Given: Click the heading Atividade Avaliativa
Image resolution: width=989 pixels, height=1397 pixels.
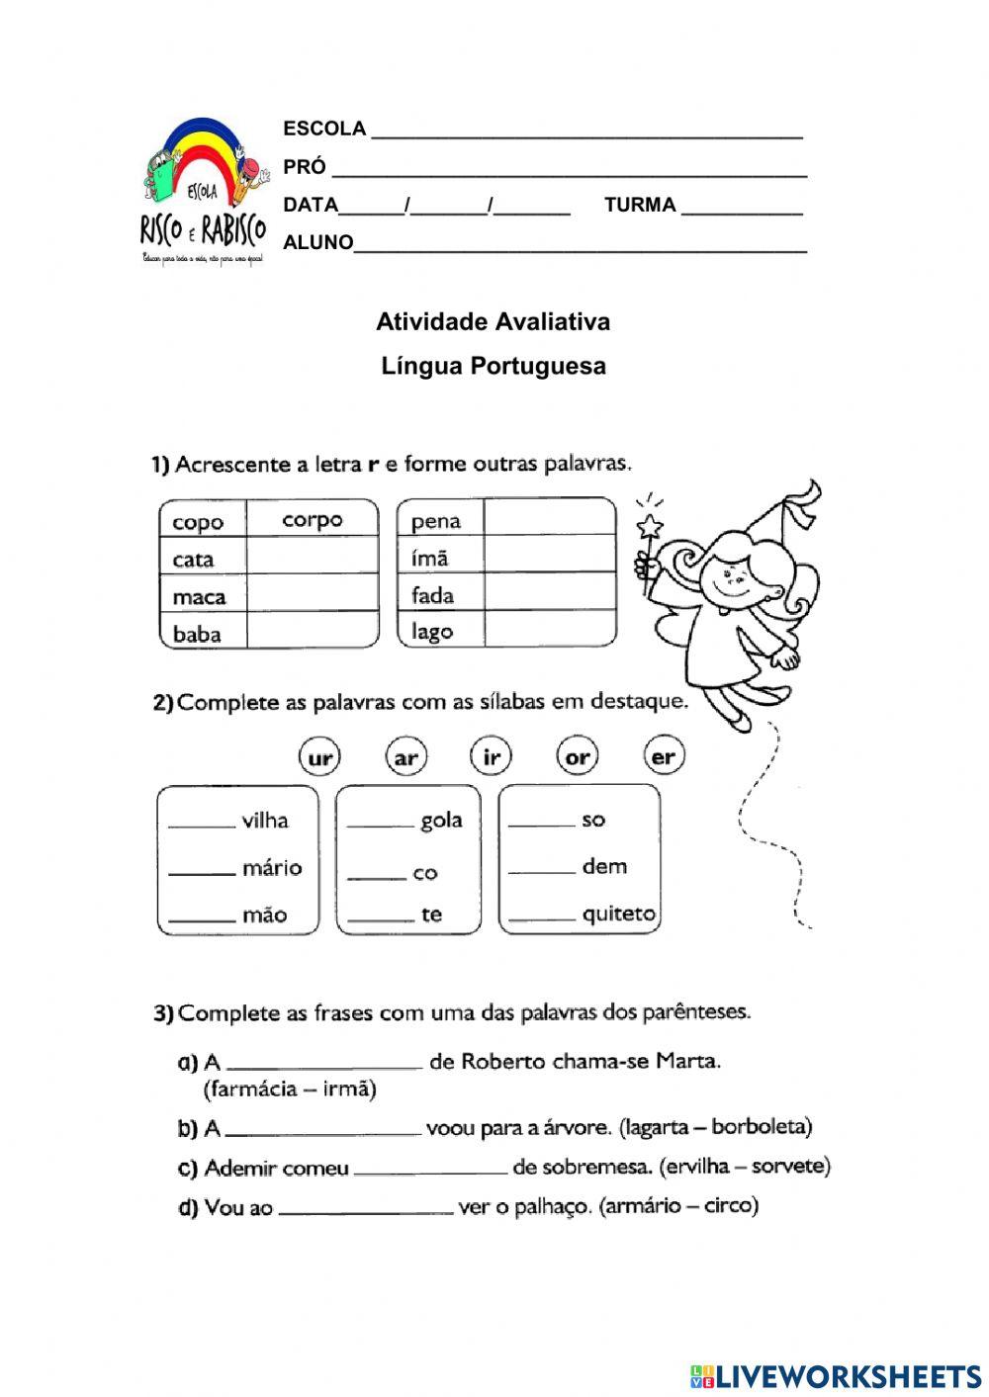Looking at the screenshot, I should (493, 322).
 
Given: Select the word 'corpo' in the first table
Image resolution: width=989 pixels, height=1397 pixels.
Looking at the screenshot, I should (312, 520).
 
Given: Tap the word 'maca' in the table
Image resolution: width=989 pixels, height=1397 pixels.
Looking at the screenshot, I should (199, 597).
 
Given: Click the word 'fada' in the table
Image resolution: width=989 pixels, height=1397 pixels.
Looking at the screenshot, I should (432, 595).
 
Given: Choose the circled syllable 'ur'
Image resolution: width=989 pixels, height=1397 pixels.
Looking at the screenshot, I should (319, 758).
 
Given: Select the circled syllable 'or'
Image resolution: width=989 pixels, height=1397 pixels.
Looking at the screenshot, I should (578, 758).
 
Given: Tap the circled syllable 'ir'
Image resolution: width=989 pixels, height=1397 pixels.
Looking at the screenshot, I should (492, 758).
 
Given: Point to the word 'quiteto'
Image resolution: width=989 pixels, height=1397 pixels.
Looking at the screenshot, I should (618, 914).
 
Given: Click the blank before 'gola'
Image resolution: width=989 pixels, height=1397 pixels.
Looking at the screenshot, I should (380, 826).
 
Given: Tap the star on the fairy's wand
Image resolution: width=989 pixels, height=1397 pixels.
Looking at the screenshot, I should (650, 526).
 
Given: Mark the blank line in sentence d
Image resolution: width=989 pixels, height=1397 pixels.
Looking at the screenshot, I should (365, 1211).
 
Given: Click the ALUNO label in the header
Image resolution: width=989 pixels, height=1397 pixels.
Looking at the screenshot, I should (317, 242).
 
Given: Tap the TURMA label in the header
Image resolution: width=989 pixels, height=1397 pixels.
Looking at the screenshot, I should (640, 206).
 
